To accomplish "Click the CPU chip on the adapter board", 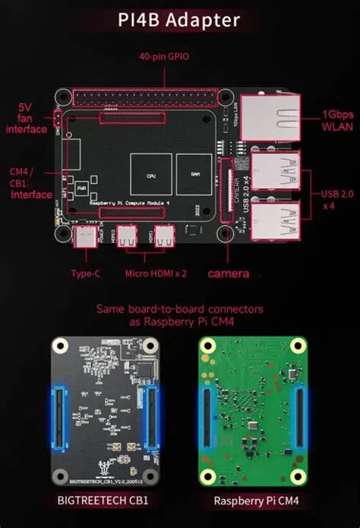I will click(150, 172).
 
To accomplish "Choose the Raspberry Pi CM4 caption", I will click(255, 501).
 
